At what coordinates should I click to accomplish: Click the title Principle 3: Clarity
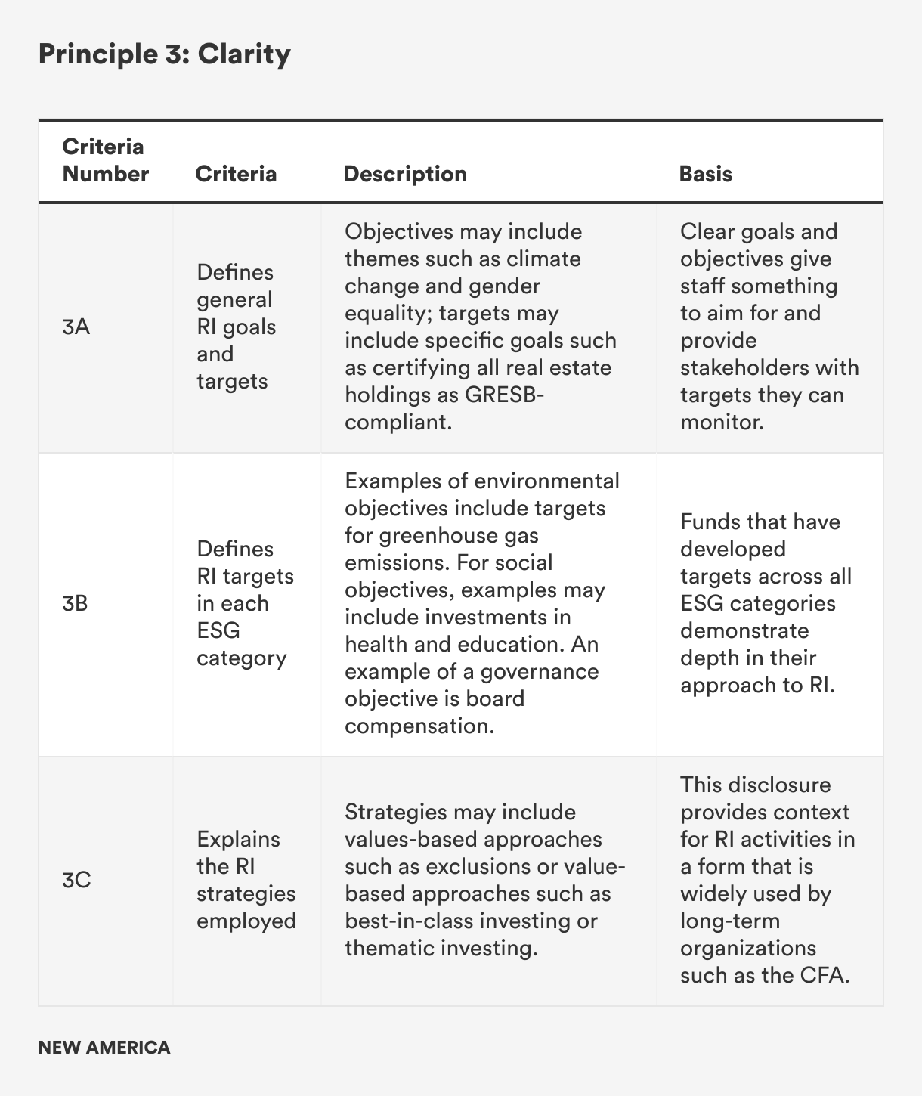click(x=164, y=54)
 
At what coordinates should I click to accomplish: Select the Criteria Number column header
click(x=105, y=160)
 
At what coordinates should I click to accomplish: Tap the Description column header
click(x=405, y=174)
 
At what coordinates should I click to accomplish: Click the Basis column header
click(x=705, y=174)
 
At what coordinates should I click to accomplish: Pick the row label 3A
click(x=76, y=327)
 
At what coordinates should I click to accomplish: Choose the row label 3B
click(x=76, y=604)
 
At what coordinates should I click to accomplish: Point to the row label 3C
click(x=76, y=881)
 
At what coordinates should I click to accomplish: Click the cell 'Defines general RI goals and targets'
click(x=235, y=327)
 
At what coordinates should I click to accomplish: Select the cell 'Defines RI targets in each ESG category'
click(x=245, y=603)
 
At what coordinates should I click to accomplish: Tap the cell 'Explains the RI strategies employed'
click(x=246, y=880)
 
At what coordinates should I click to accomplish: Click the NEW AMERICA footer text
click(x=104, y=1048)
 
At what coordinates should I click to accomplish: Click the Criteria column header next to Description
click(x=236, y=174)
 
